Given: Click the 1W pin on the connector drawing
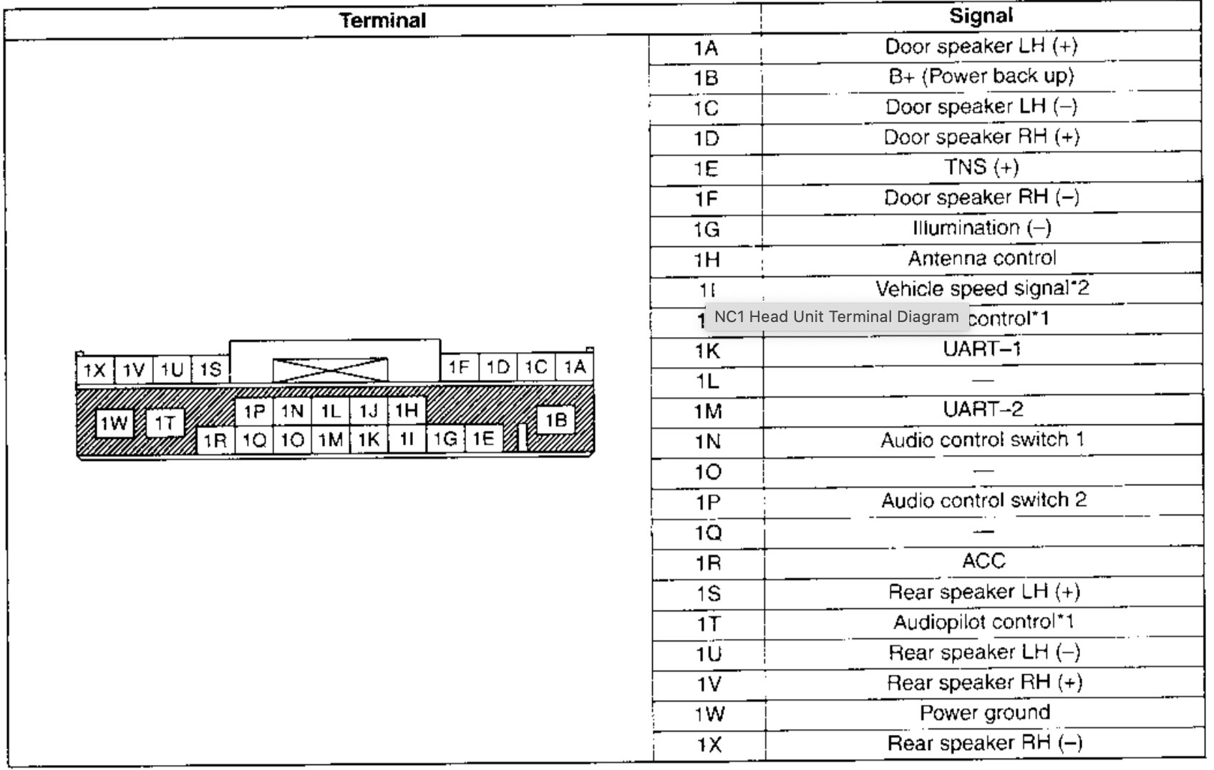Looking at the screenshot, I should (x=114, y=423).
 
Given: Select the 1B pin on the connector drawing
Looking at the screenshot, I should (x=555, y=420).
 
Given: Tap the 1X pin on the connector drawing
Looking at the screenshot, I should (x=94, y=370).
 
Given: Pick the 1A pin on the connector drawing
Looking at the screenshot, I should (x=574, y=367).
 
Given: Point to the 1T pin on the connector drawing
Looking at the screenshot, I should (x=165, y=423).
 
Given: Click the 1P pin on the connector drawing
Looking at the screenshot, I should (x=254, y=411).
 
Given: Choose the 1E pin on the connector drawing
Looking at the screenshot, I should (x=483, y=438).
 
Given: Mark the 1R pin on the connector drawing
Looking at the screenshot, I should (x=215, y=440).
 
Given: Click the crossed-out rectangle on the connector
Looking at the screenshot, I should (x=330, y=370).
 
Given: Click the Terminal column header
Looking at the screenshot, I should (x=382, y=21).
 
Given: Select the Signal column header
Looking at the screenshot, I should (x=980, y=16).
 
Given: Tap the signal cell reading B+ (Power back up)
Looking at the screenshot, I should (x=981, y=77).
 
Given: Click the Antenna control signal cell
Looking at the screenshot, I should (x=981, y=258).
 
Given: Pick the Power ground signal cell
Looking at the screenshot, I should (x=984, y=713).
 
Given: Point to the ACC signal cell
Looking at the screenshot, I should (x=984, y=561).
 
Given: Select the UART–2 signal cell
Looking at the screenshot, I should (x=983, y=409).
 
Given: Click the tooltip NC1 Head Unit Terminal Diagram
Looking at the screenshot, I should (x=836, y=317).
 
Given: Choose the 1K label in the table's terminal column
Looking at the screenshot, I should (x=706, y=351).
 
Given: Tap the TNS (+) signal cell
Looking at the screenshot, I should (x=981, y=167).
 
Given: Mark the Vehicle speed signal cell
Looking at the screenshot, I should (x=981, y=288).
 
